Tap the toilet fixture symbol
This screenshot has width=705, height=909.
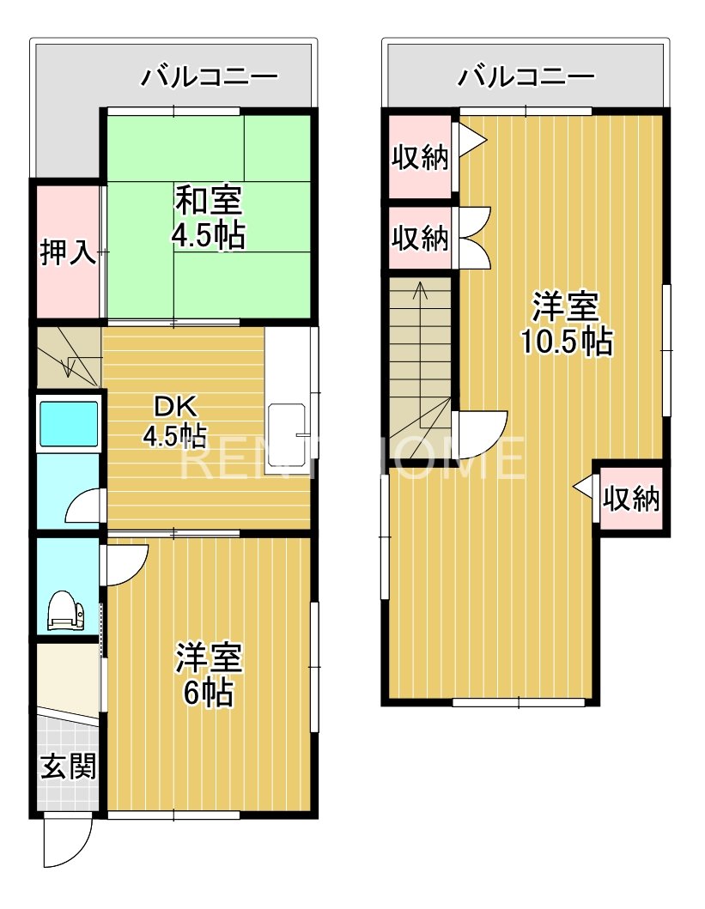pos(66,611)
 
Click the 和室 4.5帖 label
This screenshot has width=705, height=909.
pos(209,218)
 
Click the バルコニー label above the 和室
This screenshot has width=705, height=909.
pos(210,78)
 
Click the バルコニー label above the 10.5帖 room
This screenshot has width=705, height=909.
pos(526,78)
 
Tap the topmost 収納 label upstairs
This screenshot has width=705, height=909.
pos(420,157)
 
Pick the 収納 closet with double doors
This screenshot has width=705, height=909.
pos(420,238)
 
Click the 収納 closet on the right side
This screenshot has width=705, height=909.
pos(631,499)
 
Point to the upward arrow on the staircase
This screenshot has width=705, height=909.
pos(420,292)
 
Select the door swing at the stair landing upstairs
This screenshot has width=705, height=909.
pos(481,434)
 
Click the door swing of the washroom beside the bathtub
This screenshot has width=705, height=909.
pos(84,507)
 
